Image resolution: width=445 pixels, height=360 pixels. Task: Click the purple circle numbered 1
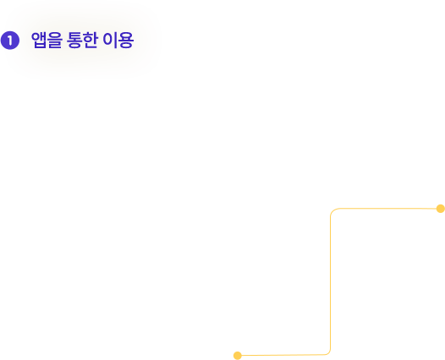pos(10,41)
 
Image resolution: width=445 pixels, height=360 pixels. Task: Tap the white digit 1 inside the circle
pos(10,41)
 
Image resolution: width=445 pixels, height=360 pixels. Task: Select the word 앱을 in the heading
pos(47,40)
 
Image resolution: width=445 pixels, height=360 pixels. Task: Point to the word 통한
pos(82,40)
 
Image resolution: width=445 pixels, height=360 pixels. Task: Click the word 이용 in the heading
pos(118,40)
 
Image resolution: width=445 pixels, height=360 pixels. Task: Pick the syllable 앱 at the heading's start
pos(39,40)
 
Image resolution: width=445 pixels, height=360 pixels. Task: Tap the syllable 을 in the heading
pos(54,40)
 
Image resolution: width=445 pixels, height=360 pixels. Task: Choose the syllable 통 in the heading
pos(74,40)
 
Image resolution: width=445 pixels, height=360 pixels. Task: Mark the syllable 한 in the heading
pos(91,40)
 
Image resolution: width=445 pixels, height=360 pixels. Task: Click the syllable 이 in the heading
pos(110,40)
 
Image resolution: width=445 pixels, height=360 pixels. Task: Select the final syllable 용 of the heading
pos(126,40)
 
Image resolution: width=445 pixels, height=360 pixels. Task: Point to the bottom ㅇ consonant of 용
pos(126,45)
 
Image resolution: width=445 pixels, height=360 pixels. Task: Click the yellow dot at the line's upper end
pos(441,209)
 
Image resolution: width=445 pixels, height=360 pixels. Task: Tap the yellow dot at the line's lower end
pos(238,356)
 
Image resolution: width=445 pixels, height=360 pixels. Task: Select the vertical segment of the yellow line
pos(330,282)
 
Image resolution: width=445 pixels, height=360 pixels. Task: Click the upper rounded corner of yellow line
pos(332,211)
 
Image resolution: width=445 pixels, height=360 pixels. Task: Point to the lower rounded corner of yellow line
pos(328,352)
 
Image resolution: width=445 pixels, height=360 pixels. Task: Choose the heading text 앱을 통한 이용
pos(82,40)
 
